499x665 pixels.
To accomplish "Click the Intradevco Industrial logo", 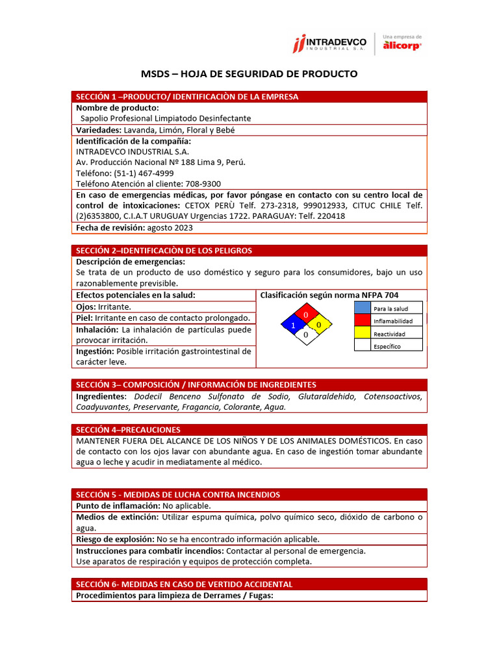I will point(329,44).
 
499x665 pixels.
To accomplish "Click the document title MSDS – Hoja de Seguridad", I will point(249,73).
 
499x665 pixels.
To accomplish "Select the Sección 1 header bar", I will point(249,97).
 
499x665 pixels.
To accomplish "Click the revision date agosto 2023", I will point(170,228).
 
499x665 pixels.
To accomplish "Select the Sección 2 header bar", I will point(249,250).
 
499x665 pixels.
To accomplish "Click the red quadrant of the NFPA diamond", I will point(305,315).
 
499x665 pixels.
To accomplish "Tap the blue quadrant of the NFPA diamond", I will point(293,325).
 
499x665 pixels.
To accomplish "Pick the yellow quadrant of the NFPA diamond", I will point(318,324).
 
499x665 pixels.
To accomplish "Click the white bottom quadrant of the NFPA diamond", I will point(305,334).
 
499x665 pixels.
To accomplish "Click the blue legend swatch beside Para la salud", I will point(362,308).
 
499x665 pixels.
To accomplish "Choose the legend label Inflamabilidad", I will point(393,321).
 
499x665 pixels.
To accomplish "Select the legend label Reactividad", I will point(389,334).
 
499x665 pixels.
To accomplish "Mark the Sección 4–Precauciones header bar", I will point(249,429).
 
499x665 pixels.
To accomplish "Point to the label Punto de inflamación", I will point(118,505).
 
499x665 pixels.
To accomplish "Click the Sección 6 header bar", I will point(249,584).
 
